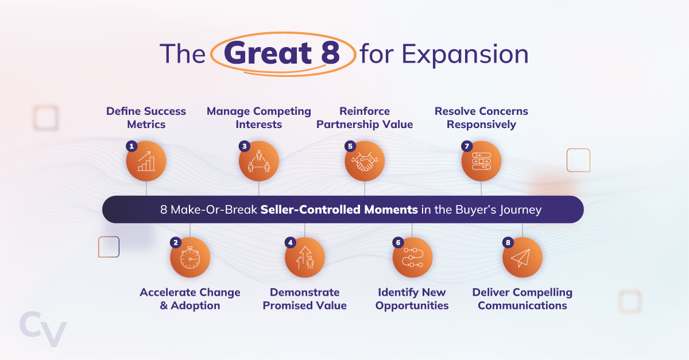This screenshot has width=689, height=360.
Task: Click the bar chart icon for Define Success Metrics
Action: click(146, 161)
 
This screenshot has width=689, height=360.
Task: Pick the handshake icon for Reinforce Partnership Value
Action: click(365, 161)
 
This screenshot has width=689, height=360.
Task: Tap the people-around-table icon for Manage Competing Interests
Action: click(259, 161)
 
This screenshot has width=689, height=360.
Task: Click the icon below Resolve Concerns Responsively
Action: click(481, 161)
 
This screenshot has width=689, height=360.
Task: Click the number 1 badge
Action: click(131, 146)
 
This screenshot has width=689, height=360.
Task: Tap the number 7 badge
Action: click(466, 146)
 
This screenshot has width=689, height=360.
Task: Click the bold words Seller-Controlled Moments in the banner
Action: click(339, 210)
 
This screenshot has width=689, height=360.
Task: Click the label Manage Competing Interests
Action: click(259, 118)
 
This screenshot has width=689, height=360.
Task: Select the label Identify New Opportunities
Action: click(412, 299)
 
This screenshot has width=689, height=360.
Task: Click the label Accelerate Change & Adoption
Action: click(190, 299)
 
